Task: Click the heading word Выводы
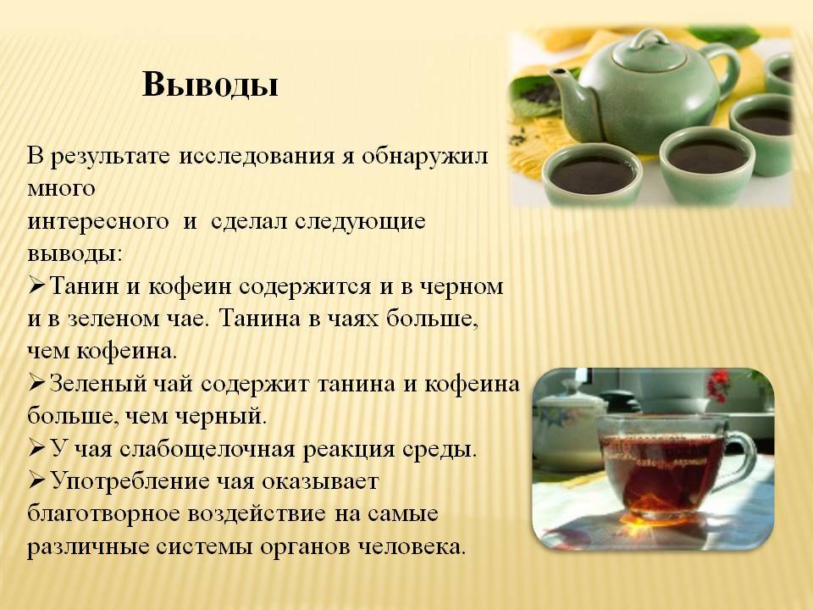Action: (210, 85)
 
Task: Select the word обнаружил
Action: (424, 156)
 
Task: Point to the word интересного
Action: (98, 222)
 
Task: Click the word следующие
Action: (361, 222)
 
